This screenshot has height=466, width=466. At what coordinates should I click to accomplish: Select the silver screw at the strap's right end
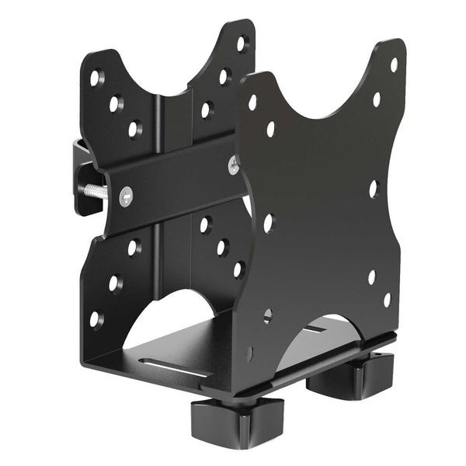(233, 164)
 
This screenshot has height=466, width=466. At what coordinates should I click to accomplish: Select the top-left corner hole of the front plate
(252, 102)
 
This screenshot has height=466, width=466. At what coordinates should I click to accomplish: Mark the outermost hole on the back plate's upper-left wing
(96, 78)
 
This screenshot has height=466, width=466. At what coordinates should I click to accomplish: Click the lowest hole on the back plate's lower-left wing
(95, 318)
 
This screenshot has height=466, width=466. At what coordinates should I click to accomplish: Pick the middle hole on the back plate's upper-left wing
(115, 103)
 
